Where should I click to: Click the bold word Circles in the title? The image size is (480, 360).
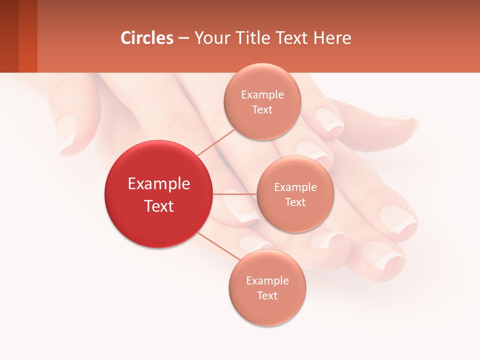click(x=146, y=38)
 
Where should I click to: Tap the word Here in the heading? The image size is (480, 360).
click(x=332, y=38)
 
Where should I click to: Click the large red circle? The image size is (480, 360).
click(x=158, y=194)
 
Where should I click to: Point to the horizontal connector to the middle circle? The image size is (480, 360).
click(x=234, y=194)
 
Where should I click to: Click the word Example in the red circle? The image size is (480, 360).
click(x=158, y=184)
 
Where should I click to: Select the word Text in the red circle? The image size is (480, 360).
click(x=158, y=206)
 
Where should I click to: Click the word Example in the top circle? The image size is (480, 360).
click(x=262, y=95)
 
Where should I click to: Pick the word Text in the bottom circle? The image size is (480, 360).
click(x=267, y=295)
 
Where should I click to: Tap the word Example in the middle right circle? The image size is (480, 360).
click(x=295, y=187)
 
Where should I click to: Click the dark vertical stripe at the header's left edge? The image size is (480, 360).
click(x=9, y=36)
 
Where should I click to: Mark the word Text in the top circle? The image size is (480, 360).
click(x=262, y=110)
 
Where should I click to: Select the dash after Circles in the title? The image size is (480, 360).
click(x=183, y=38)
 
